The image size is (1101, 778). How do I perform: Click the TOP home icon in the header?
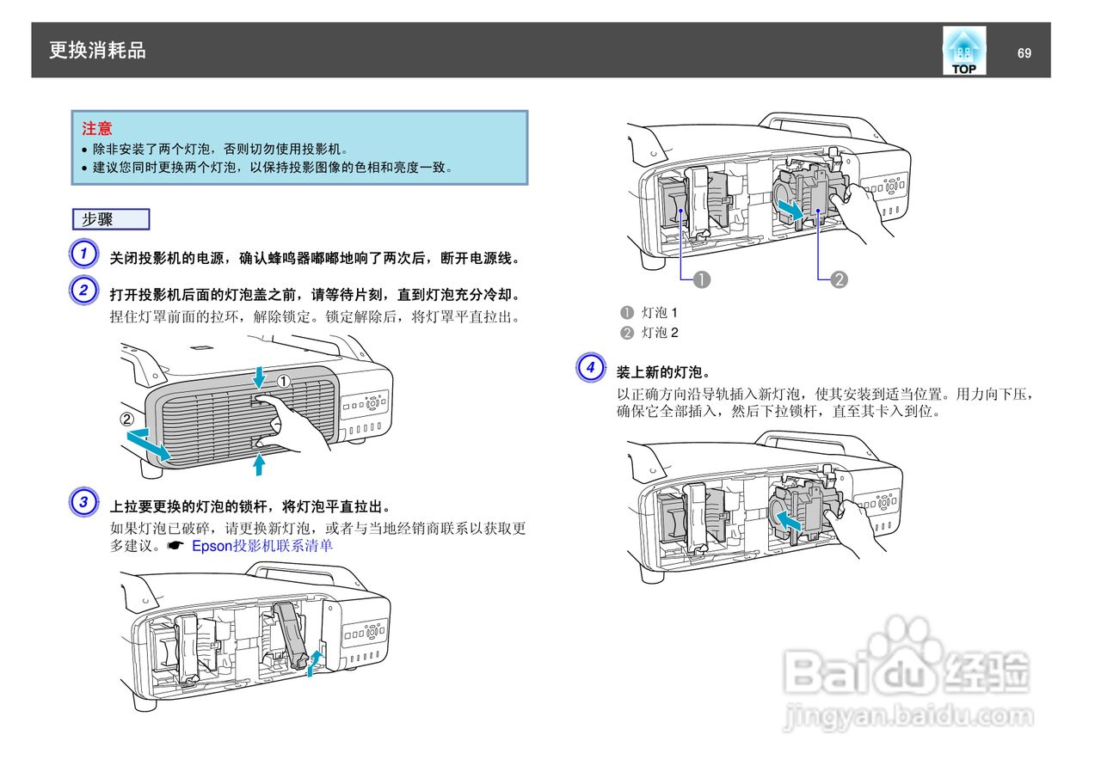pos(963,51)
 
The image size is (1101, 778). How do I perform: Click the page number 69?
pos(1024,53)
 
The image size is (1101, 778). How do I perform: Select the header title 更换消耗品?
pos(97,51)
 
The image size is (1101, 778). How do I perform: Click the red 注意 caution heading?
pos(97,129)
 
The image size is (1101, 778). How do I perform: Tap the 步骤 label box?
pos(111,219)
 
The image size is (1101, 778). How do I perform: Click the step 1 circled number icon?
pos(83,255)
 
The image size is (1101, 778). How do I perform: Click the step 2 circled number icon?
pos(83,291)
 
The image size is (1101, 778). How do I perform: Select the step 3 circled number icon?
pos(83,502)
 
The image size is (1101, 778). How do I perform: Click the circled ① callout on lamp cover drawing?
pos(284,381)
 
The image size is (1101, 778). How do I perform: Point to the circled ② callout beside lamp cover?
pos(127,420)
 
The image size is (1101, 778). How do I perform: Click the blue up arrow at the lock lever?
pos(316,663)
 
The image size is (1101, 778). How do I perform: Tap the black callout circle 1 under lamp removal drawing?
pos(702,279)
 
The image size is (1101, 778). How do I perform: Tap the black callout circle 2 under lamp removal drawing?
pos(839,279)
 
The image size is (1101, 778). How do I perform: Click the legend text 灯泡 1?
pos(660,312)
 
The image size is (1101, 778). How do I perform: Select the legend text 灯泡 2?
pos(660,333)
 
